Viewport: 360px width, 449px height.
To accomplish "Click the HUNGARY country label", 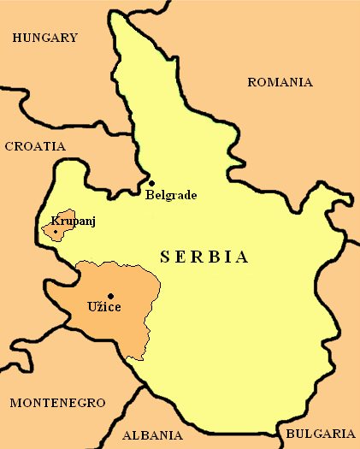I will [x=45, y=38].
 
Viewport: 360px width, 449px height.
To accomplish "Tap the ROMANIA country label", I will [x=280, y=83].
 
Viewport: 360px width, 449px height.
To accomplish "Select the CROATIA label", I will [x=35, y=146].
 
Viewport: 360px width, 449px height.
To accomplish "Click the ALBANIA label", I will [x=152, y=434].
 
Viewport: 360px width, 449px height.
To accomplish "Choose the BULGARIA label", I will [x=320, y=433].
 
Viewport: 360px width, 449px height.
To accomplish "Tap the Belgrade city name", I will [x=171, y=195].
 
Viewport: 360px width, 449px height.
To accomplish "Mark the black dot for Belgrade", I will [x=151, y=183].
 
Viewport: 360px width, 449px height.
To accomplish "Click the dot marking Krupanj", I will [x=56, y=231].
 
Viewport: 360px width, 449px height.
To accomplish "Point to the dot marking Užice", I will [x=110, y=296].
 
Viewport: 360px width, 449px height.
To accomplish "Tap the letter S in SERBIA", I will [x=165, y=257].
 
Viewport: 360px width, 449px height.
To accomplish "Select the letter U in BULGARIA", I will [x=303, y=433].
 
